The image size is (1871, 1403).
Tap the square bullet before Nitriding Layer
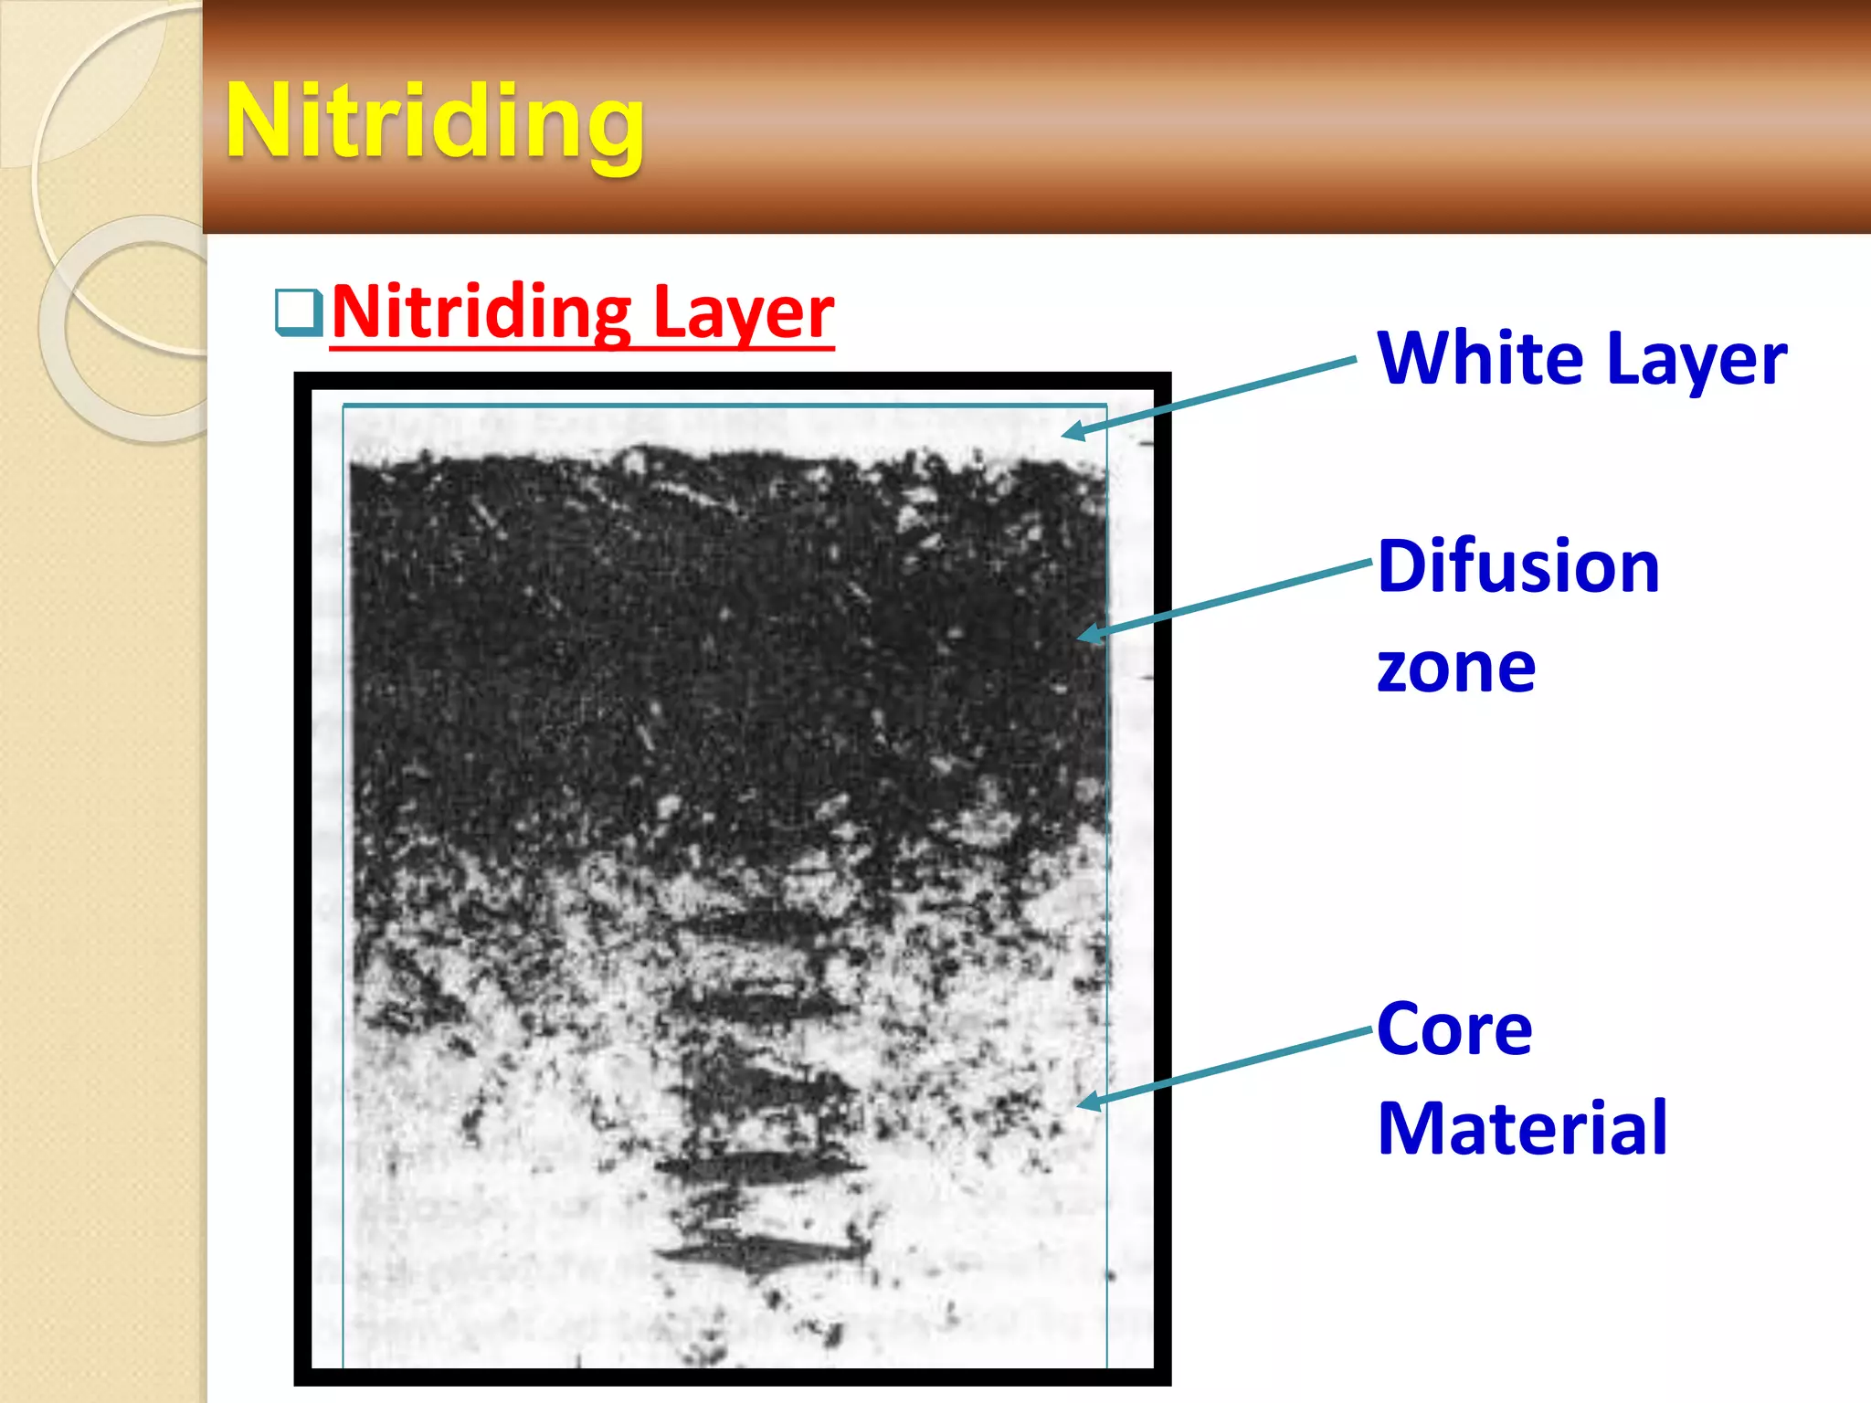click(x=299, y=312)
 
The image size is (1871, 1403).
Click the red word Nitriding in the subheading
click(x=481, y=312)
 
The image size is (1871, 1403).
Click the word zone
click(x=1456, y=669)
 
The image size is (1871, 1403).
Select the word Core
click(x=1454, y=1029)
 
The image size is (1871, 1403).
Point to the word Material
click(x=1522, y=1129)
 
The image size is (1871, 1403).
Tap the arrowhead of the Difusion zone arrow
click(x=1088, y=634)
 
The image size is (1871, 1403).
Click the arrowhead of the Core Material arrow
click(x=1088, y=1102)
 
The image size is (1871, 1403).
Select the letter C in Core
click(x=1401, y=1029)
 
